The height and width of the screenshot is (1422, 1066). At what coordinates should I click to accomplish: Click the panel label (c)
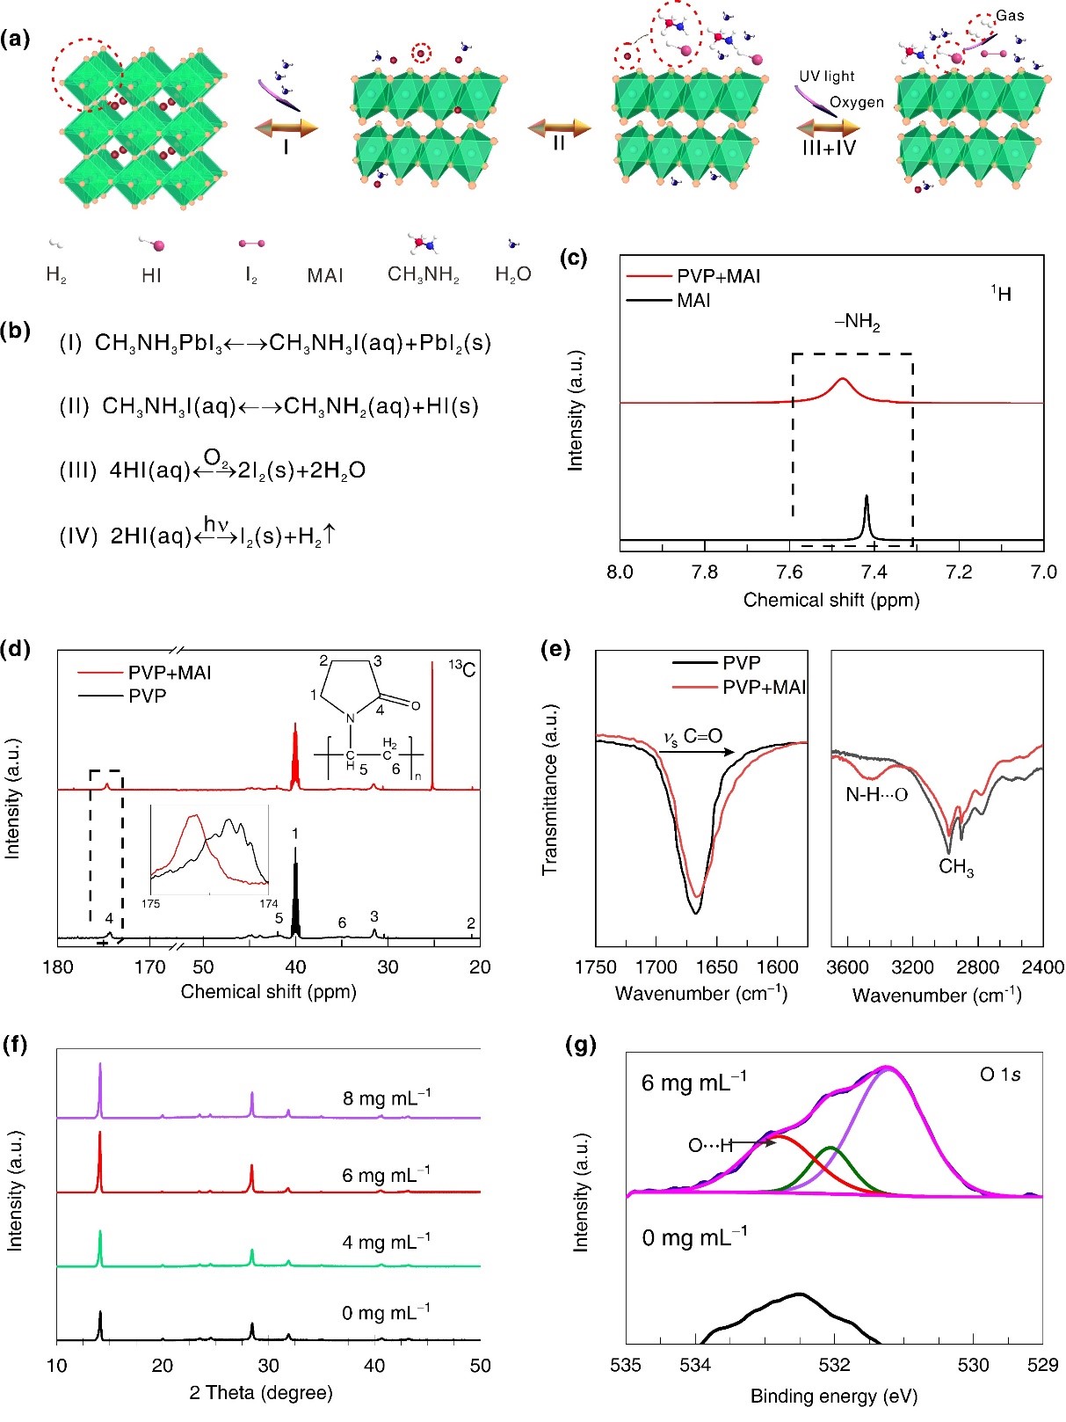point(573,259)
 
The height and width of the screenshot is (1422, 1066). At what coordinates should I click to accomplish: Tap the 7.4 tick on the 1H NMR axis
point(874,572)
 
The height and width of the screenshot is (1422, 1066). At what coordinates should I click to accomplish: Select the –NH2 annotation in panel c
point(857,324)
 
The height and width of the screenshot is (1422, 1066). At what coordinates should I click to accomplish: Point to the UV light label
point(826,77)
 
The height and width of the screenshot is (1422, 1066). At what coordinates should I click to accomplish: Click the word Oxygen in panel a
point(857,102)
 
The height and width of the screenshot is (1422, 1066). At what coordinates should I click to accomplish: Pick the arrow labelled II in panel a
point(560,129)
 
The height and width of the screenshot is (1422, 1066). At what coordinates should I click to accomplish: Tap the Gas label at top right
point(1010,16)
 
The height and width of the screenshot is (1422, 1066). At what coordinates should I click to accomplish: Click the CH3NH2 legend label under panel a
point(424,274)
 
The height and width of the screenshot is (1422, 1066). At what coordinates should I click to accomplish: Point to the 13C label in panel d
point(462,669)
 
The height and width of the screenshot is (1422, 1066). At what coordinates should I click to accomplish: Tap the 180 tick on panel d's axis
point(58,967)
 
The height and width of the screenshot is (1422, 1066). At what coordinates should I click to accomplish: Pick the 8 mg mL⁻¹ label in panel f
point(387,1097)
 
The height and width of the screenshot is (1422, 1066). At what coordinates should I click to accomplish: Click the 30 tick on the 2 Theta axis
point(269,1366)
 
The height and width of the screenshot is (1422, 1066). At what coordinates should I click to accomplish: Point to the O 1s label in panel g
point(1000,1075)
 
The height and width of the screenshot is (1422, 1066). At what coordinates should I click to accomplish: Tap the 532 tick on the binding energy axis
point(834,1366)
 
